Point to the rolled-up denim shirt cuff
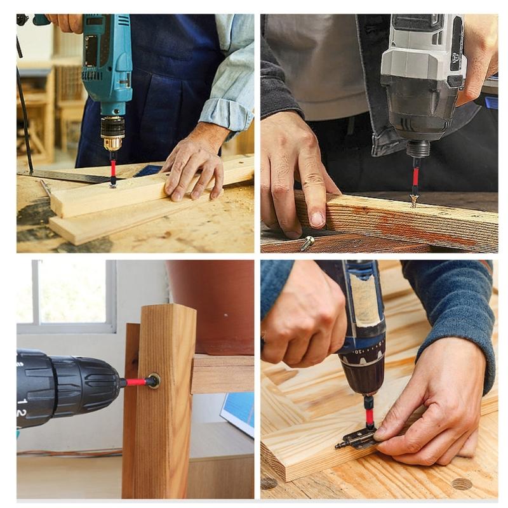coord(226,114)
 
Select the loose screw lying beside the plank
coord(307,242)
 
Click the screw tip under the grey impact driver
coord(414,201)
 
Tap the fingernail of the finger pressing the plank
coord(317,219)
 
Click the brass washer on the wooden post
coord(153,381)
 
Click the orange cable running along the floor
coord(70,453)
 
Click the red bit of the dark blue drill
coord(369,415)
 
